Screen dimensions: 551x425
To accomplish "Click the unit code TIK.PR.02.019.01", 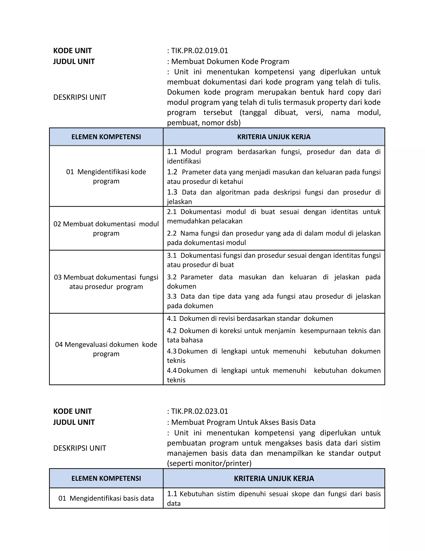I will (199, 51).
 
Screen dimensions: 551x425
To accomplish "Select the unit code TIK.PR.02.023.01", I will (199, 411).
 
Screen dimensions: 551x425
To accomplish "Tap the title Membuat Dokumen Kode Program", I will (230, 62).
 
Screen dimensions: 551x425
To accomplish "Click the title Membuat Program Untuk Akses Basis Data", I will (243, 422).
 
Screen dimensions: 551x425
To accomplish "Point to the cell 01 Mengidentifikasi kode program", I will (106, 176).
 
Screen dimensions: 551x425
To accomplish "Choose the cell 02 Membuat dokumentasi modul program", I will (106, 229).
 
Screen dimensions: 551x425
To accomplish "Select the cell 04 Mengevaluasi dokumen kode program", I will (106, 349).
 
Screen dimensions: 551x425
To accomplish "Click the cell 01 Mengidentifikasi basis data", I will (106, 498).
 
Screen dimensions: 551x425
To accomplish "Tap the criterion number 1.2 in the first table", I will (172, 172).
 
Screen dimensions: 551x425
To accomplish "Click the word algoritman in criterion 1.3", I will (233, 193).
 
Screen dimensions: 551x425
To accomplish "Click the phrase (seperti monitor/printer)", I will (209, 463).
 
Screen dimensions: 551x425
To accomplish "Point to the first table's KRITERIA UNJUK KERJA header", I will (274, 137).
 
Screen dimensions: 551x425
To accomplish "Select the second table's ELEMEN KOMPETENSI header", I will (106, 478).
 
